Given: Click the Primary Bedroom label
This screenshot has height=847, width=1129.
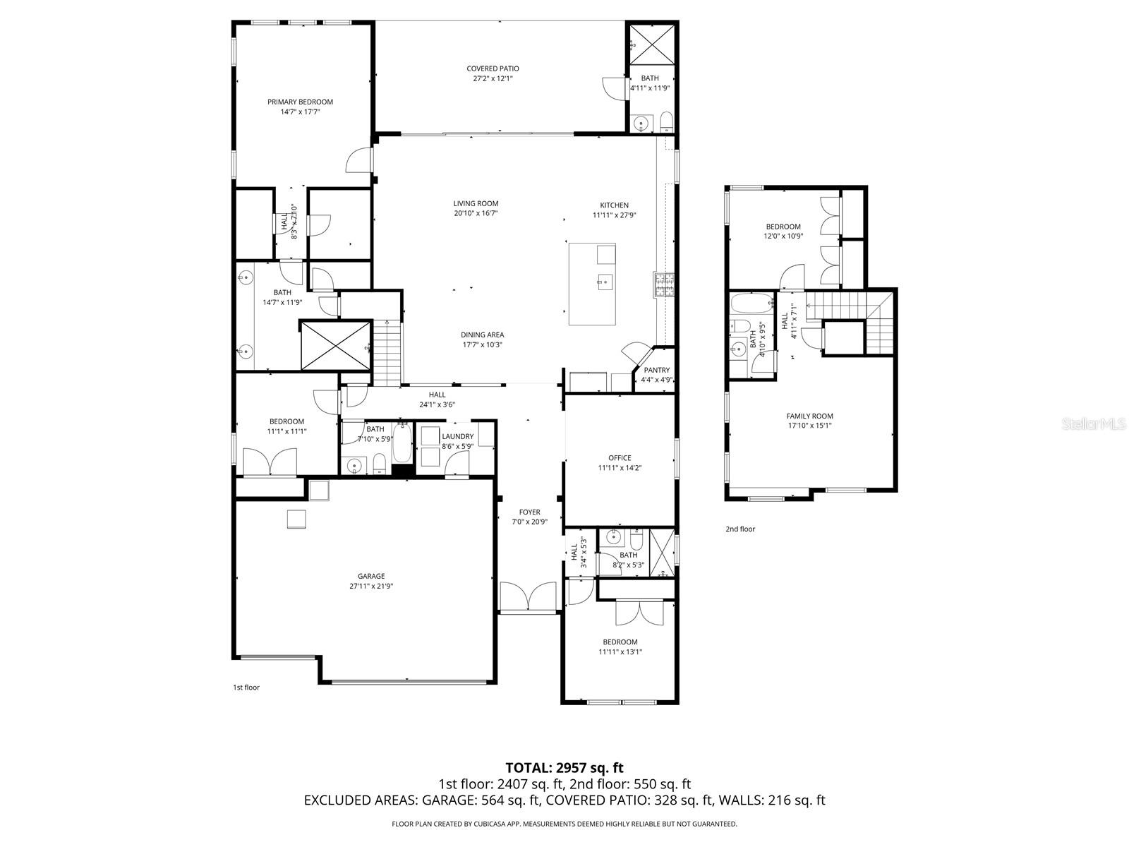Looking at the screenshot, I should point(300,102).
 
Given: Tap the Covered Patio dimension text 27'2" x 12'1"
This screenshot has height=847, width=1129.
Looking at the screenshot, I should point(493,79).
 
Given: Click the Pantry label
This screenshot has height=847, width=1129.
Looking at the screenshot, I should point(656,370).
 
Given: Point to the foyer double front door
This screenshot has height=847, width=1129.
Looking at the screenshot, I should point(529,597).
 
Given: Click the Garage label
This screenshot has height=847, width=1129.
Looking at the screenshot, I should point(370,576).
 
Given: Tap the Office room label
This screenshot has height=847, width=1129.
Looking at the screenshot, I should point(620,458).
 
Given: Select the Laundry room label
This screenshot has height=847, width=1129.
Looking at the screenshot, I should point(457,436).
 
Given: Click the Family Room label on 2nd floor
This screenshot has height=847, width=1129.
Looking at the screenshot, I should point(810,416).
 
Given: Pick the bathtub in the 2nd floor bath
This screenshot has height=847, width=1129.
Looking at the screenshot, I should point(750,304).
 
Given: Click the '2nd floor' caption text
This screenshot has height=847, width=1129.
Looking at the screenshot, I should point(740,529).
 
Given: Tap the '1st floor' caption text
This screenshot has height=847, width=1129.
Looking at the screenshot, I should point(246,687).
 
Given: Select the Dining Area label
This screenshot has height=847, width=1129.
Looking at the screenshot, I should point(482,335).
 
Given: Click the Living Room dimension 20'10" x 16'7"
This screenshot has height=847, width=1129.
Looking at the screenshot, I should point(476,213).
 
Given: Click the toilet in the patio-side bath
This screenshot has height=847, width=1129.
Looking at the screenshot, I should point(666,122).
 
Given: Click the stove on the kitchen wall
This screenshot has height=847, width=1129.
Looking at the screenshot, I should point(664,284).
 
